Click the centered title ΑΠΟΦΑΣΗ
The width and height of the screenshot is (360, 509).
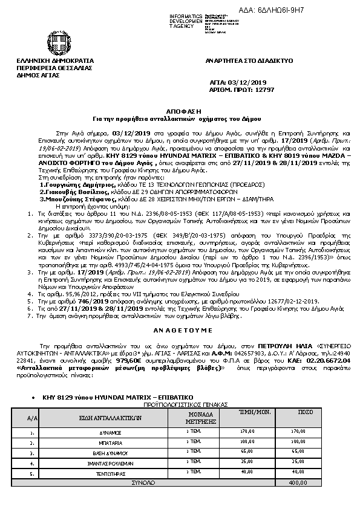[x=179, y=105]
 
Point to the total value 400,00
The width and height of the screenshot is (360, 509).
[x=297, y=482]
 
